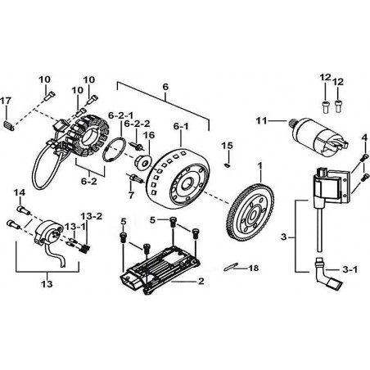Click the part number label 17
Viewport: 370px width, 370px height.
pos(6,101)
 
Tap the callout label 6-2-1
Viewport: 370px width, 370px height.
pos(120,115)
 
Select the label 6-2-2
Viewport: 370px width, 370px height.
pos(137,124)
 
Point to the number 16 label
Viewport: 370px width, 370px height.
pos(149,135)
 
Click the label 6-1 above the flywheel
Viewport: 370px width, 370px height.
pos(181,126)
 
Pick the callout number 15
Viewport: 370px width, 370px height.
pos(228,146)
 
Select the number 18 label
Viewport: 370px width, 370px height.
pos(253,268)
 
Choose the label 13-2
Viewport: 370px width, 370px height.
pos(92,216)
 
